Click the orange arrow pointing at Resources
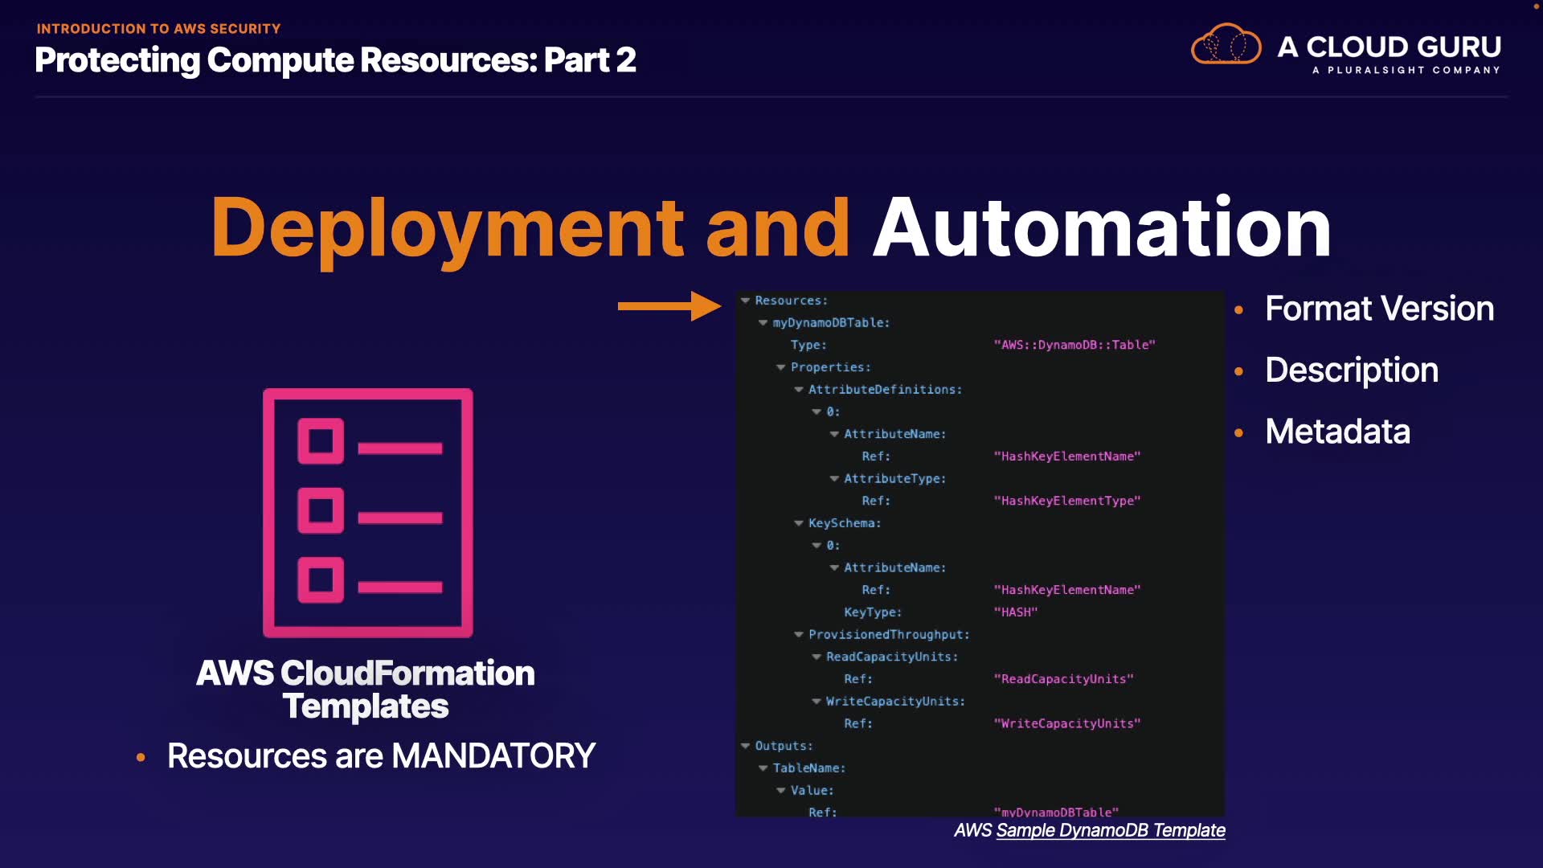coord(669,306)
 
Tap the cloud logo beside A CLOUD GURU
coord(1226,45)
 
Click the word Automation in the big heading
coord(1102,228)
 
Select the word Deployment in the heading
coord(447,228)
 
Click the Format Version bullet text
coord(1379,309)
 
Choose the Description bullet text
coord(1351,370)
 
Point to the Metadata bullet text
coord(1337,432)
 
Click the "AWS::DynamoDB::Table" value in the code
coord(1074,345)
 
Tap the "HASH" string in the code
coord(1016,612)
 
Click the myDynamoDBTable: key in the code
coord(831,323)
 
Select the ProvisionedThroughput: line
coord(889,635)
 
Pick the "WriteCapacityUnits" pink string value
coord(1067,723)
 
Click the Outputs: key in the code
coord(784,746)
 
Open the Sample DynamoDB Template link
coord(1110,830)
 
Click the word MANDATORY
coord(493,756)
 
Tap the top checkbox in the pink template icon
coord(321,440)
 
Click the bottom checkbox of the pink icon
coord(321,579)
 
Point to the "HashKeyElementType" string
coord(1067,501)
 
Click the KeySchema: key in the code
coord(845,523)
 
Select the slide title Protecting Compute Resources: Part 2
coord(335,60)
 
